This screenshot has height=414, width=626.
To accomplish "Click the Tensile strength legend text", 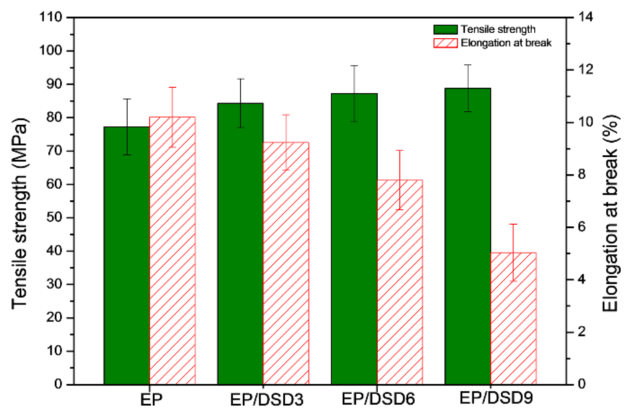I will click(498, 29).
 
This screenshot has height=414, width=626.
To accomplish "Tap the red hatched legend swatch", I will click(445, 43).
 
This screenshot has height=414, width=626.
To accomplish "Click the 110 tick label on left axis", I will click(50, 17).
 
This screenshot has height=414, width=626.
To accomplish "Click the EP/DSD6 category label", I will click(378, 399).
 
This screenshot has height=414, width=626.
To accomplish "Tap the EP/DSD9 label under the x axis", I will click(496, 398).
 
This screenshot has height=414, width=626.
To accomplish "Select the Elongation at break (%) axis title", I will click(610, 213).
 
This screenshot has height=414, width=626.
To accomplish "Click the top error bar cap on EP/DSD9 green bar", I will click(468, 65).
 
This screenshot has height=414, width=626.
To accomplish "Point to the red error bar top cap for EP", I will click(172, 87).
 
